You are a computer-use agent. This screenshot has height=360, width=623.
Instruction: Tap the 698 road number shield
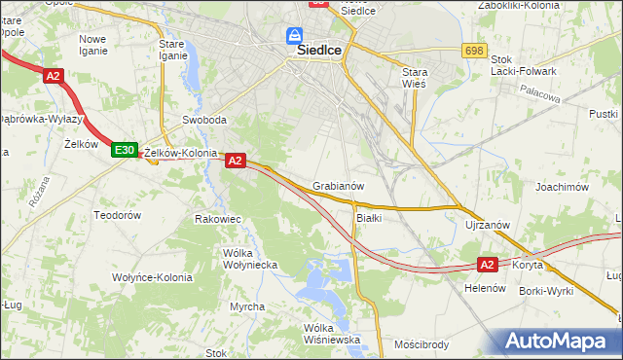pyautogui.click(x=474, y=50)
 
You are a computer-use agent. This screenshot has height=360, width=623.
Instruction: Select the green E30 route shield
pyautogui.click(x=124, y=150)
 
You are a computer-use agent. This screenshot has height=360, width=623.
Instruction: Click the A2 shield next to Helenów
pyautogui.click(x=488, y=264)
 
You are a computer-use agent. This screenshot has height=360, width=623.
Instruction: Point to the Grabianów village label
pyautogui.click(x=339, y=186)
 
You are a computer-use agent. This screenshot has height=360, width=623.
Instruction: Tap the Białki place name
pyautogui.click(x=369, y=218)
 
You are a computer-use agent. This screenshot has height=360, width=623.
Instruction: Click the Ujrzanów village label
pyautogui.click(x=488, y=225)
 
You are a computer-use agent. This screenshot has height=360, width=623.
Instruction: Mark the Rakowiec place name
pyautogui.click(x=218, y=219)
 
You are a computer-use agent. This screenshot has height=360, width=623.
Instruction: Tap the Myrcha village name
pyautogui.click(x=247, y=306)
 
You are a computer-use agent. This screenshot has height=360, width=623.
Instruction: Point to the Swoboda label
pyautogui.click(x=204, y=121)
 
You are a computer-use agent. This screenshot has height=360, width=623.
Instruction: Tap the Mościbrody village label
pyautogui.click(x=421, y=344)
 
